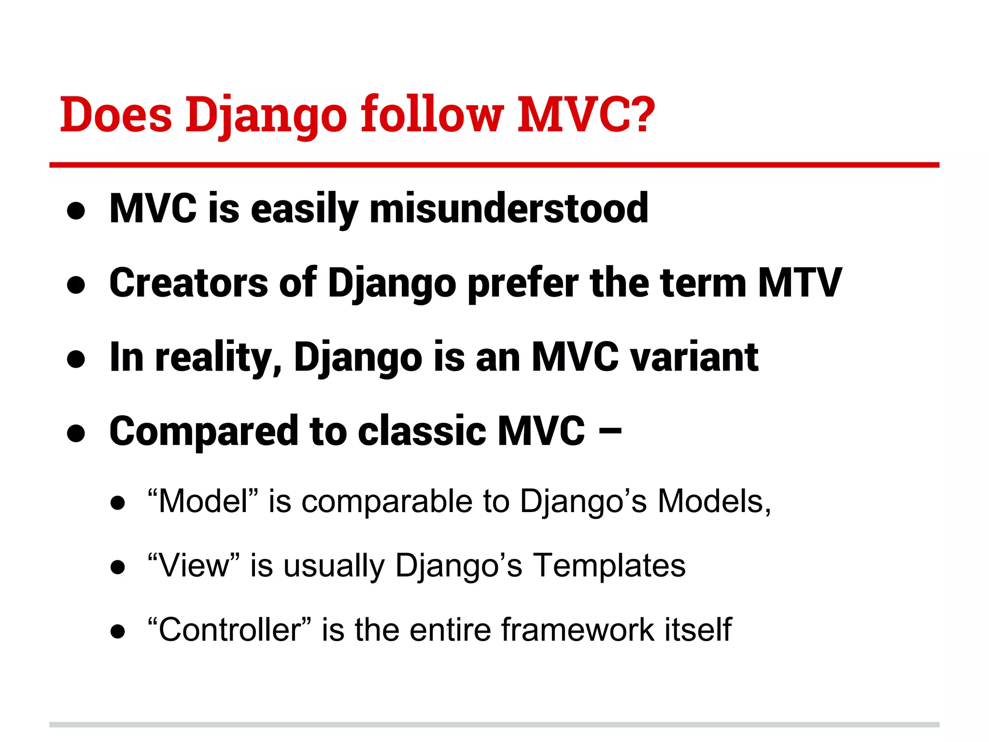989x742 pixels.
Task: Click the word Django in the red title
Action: [266, 116]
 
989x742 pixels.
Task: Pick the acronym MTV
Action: [800, 283]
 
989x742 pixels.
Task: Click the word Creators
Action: [188, 283]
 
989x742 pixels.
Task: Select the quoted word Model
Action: [203, 501]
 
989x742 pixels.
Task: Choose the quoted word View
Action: [193, 565]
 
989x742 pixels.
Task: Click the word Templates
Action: [609, 565]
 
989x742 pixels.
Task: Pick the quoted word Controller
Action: [229, 629]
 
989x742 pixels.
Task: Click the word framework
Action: [577, 629]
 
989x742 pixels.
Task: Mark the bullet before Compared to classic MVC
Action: [76, 433]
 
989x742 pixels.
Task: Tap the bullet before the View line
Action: [117, 567]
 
